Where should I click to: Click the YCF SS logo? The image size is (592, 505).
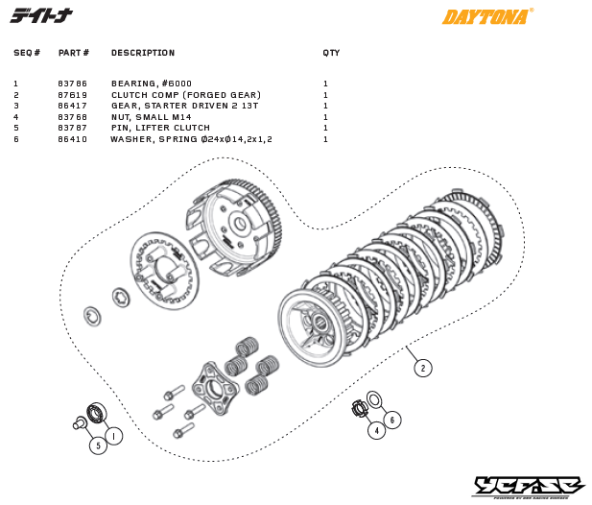pyautogui.click(x=528, y=487)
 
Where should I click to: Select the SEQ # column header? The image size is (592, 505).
pyautogui.click(x=26, y=53)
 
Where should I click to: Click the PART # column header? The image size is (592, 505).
pyautogui.click(x=74, y=53)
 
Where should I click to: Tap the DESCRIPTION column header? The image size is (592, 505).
pyautogui.click(x=143, y=53)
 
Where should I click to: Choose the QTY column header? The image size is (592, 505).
pyautogui.click(x=331, y=53)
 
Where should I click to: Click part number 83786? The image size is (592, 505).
pyautogui.click(x=73, y=84)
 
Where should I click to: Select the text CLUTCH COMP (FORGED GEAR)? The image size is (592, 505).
pyautogui.click(x=185, y=95)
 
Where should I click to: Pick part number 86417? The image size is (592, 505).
pyautogui.click(x=73, y=106)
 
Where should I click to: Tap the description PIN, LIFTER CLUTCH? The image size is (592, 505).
pyautogui.click(x=160, y=128)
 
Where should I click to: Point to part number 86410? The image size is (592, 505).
pyautogui.click(x=73, y=139)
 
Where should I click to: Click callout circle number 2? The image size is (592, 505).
pyautogui.click(x=422, y=367)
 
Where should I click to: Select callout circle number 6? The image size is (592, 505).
pyautogui.click(x=393, y=420)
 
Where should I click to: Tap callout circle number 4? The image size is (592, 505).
pyautogui.click(x=376, y=431)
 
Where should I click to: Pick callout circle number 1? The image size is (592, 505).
pyautogui.click(x=113, y=436)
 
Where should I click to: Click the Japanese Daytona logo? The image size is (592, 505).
pyautogui.click(x=40, y=16)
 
